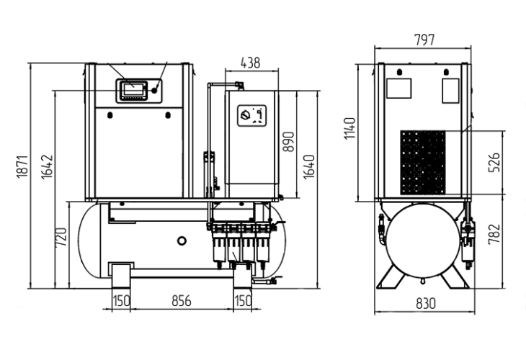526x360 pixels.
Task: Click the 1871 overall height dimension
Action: click(22, 166)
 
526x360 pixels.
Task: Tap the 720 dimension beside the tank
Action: click(61, 235)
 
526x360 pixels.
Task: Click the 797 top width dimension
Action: click(425, 40)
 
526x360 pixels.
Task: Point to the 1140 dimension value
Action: click(351, 129)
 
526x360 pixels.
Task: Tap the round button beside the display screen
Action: click(155, 90)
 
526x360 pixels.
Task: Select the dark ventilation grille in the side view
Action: click(423, 162)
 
